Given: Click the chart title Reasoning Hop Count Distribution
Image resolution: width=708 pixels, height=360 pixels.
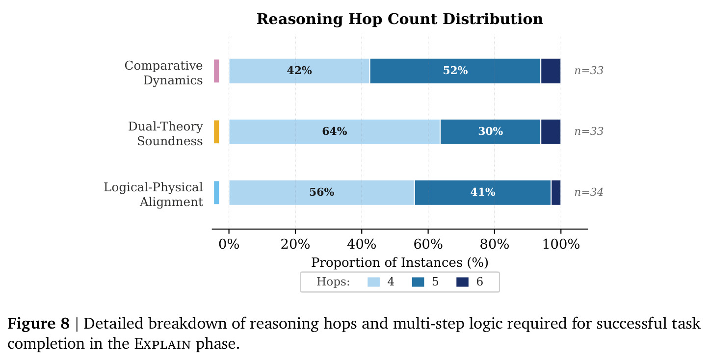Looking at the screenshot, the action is [x=399, y=19].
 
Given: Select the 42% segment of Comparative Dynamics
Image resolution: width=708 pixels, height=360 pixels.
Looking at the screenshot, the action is [x=299, y=71].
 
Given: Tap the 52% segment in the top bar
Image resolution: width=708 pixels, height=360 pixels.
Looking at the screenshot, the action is [x=455, y=71].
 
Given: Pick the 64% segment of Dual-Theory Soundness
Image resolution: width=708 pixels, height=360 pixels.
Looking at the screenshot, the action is [x=335, y=132].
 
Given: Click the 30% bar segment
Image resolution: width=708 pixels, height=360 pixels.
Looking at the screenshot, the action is [x=490, y=132].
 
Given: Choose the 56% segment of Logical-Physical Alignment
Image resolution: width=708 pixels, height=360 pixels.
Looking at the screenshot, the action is [x=322, y=192].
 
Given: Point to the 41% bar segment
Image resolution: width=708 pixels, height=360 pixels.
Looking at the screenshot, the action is [x=483, y=192].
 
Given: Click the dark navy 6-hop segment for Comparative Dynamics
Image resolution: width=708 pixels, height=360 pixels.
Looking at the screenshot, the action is [x=551, y=71].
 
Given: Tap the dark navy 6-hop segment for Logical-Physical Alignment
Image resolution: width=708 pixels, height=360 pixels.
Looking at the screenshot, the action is [x=556, y=192].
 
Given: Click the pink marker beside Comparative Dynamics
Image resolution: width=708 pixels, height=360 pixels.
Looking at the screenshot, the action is [x=216, y=71].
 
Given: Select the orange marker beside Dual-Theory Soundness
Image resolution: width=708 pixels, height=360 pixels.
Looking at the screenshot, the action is [x=216, y=132].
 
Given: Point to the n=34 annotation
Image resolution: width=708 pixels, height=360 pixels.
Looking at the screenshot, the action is [x=588, y=192].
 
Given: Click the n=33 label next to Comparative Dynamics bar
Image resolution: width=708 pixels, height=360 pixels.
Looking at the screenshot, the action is [x=589, y=71].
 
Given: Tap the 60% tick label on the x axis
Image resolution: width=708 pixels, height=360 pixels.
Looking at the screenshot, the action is [x=428, y=244].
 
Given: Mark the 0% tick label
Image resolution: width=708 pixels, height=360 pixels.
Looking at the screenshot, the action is [x=229, y=244].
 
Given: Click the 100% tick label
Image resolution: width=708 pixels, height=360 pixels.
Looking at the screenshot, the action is [x=561, y=244].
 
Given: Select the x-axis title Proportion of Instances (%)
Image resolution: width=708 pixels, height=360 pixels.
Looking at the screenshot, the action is [x=399, y=262].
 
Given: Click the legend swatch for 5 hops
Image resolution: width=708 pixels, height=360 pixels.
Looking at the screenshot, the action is [x=418, y=282].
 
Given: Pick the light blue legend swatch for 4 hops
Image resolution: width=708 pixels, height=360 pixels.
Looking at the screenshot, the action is [x=373, y=282].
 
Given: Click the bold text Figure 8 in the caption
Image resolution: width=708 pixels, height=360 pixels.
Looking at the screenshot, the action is [x=38, y=323].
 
